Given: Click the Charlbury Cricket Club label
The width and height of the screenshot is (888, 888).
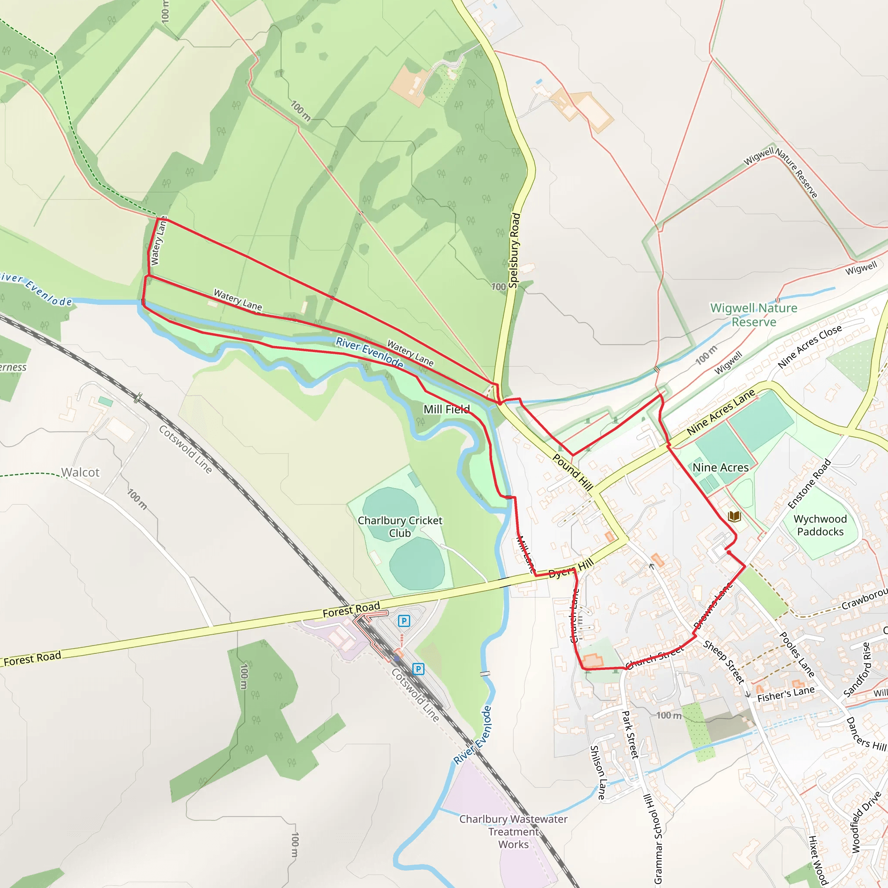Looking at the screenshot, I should pyautogui.click(x=400, y=527).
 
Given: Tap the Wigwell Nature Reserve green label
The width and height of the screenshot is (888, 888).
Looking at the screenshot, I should pyautogui.click(x=754, y=315).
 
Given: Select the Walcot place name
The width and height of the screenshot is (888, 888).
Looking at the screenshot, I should pyautogui.click(x=81, y=473).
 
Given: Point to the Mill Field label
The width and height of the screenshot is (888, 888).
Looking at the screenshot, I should pyautogui.click(x=446, y=409).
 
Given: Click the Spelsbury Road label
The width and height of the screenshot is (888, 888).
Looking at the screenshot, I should pyautogui.click(x=515, y=250).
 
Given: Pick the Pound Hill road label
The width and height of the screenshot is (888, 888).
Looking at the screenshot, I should pyautogui.click(x=573, y=471).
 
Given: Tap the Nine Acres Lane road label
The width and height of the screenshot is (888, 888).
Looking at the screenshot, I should pyautogui.click(x=720, y=412).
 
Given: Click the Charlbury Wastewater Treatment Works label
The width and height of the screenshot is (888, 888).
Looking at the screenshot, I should pyautogui.click(x=513, y=832).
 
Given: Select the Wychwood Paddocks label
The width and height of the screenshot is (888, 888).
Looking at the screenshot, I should pyautogui.click(x=820, y=526).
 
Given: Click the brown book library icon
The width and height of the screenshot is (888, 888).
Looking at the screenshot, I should pyautogui.click(x=735, y=516).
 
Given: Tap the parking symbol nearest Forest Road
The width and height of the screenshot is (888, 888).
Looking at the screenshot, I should pyautogui.click(x=404, y=621).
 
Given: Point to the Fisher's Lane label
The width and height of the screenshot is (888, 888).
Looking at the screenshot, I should pyautogui.click(x=786, y=694).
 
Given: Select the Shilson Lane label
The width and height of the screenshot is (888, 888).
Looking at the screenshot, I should pyautogui.click(x=597, y=772).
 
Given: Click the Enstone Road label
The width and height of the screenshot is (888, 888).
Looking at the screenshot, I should pyautogui.click(x=810, y=483).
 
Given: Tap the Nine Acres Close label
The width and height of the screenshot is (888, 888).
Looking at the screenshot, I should pyautogui.click(x=810, y=346).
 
